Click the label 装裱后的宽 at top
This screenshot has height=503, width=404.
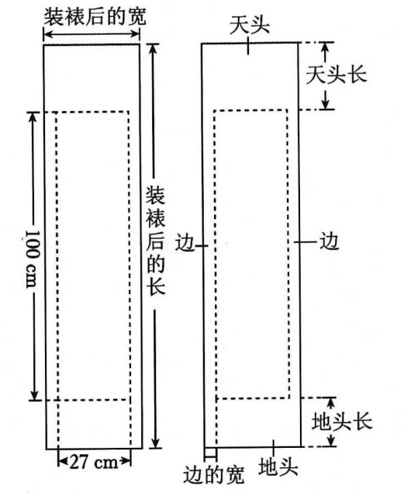pyautogui.click(x=95, y=16)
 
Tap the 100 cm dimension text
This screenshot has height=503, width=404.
pyautogui.click(x=33, y=258)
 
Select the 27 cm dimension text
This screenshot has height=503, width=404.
pyautogui.click(x=94, y=463)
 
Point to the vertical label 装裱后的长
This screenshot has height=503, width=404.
pyautogui.click(x=156, y=241)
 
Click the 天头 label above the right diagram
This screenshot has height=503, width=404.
pyautogui.click(x=250, y=26)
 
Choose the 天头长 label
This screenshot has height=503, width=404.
pyautogui.click(x=336, y=75)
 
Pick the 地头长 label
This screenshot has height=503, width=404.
pyautogui.click(x=341, y=421)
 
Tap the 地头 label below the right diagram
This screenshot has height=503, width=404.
pyautogui.click(x=278, y=467)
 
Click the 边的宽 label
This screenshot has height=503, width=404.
pyautogui.click(x=214, y=475)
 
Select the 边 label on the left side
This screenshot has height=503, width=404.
pyautogui.click(x=185, y=244)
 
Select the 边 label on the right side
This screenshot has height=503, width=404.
pyautogui.click(x=329, y=241)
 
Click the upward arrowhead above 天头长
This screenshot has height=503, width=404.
pyautogui.click(x=325, y=48)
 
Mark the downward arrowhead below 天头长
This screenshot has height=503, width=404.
pyautogui.click(x=326, y=103)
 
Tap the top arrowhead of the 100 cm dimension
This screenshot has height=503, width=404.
pyautogui.click(x=32, y=118)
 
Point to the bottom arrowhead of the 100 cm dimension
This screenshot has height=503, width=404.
pyautogui.click(x=34, y=394)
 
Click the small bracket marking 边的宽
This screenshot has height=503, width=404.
pyautogui.click(x=210, y=453)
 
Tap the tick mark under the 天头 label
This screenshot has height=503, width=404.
pyautogui.click(x=248, y=46)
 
